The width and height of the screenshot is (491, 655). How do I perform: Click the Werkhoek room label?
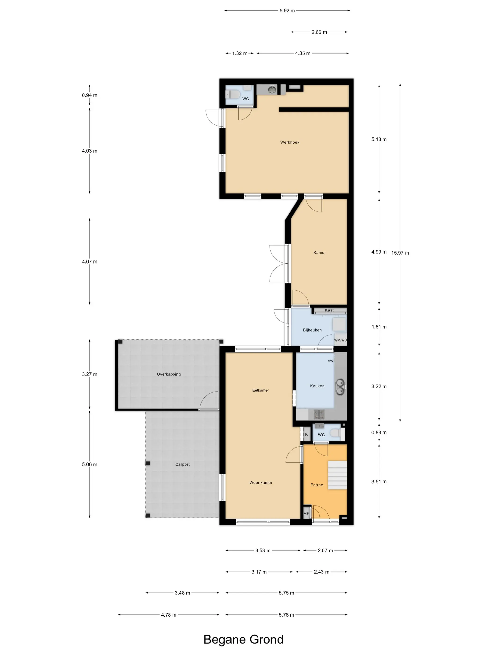coord(289,142)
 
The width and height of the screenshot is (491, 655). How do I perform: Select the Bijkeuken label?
coord(312,330)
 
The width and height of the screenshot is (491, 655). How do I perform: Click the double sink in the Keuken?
coord(340,387)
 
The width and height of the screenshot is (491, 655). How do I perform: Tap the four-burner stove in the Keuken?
coord(319,414)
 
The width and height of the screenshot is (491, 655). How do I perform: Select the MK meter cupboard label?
coord(306,513)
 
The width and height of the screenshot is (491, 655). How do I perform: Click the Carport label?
coord(182,464)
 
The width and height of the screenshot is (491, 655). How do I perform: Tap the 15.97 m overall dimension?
coord(400,253)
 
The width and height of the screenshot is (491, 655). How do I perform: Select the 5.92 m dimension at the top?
coord(287,11)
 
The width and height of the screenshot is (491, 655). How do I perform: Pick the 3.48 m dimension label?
coord(182,593)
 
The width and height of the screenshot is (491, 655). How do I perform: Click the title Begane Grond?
coord(243,640)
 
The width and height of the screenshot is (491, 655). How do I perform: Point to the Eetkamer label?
coord(260,390)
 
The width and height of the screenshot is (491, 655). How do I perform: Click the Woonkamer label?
coord(260,482)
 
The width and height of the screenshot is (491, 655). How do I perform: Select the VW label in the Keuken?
coord(330,361)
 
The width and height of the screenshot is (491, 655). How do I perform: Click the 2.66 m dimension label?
coord(319,32)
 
